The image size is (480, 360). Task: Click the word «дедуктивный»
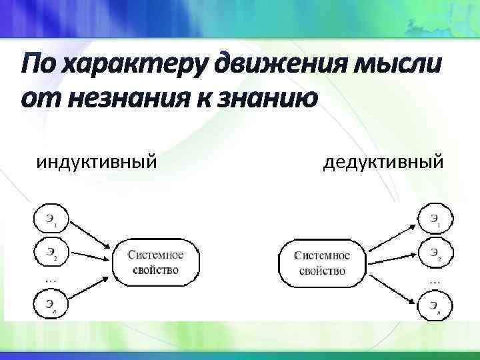point(382,161)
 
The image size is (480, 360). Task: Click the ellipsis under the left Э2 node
point(50,280)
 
